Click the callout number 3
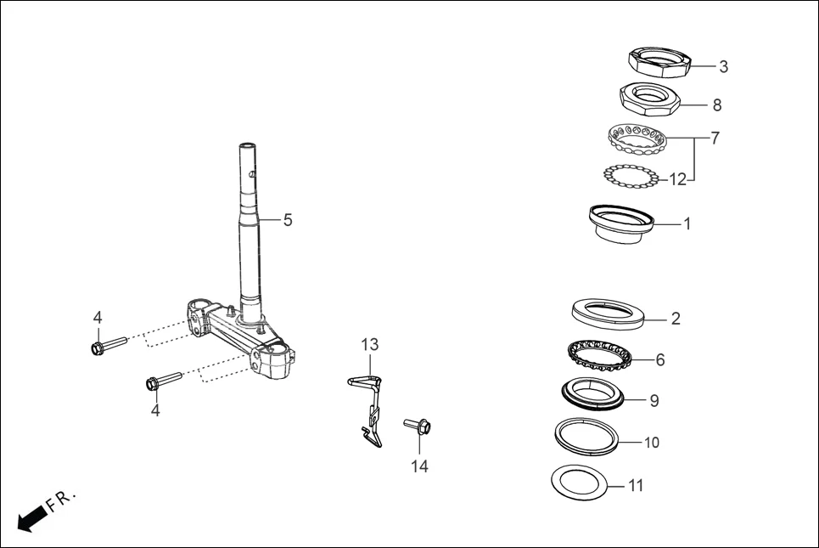[723, 66]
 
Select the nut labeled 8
[650, 99]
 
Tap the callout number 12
[677, 179]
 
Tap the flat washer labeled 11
[581, 483]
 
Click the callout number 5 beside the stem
[288, 220]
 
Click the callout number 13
[369, 345]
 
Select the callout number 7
[715, 138]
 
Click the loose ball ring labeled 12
[631, 176]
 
